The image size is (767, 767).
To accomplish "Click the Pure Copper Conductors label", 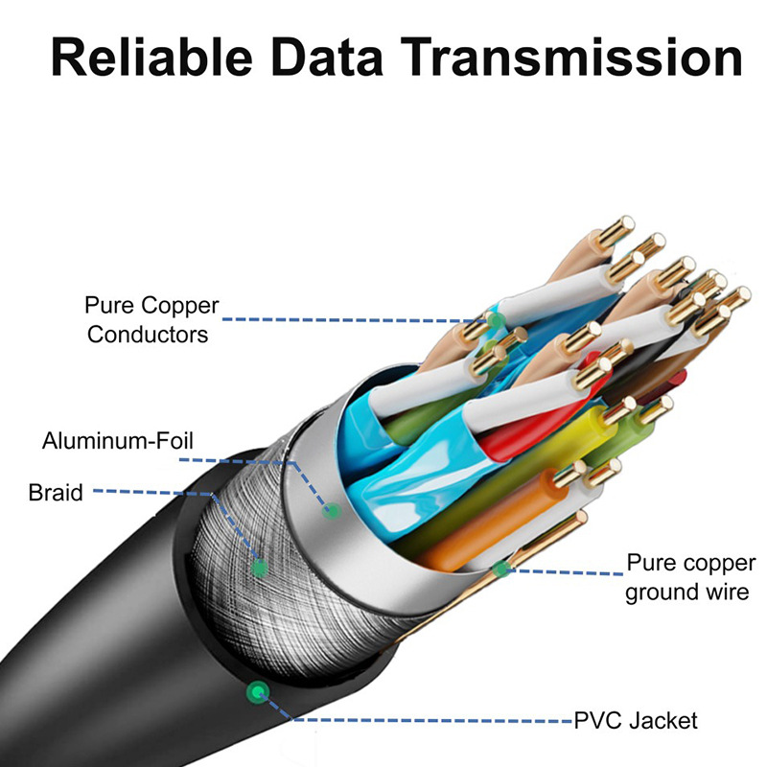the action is click(x=151, y=320).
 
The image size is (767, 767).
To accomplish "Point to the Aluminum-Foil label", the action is click(x=118, y=442).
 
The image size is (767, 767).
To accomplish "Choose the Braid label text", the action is click(x=56, y=493).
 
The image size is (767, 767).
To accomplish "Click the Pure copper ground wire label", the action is click(x=686, y=576).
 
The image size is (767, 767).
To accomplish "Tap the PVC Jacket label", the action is click(x=636, y=720).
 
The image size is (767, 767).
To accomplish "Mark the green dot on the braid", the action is click(x=258, y=568).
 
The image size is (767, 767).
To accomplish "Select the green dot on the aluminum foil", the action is click(x=333, y=511).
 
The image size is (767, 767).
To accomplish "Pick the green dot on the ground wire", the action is click(x=499, y=569).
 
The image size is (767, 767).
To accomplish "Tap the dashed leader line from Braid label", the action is click(x=153, y=494).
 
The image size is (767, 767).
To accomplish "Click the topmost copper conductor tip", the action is click(x=621, y=226).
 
